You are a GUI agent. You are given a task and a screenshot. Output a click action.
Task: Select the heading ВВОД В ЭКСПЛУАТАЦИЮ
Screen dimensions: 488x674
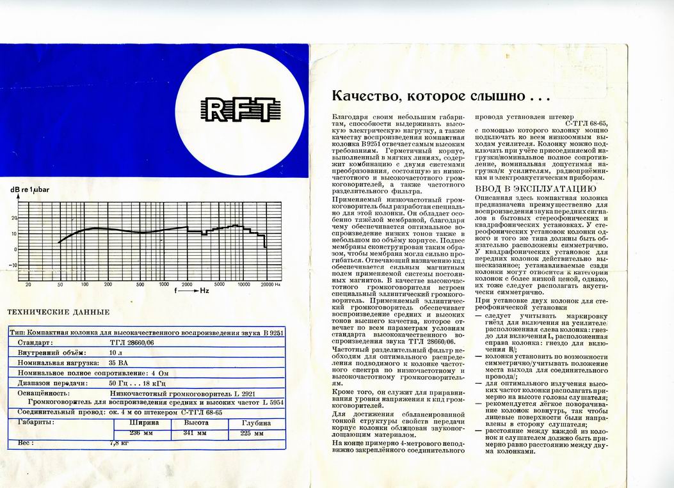pos(536,189)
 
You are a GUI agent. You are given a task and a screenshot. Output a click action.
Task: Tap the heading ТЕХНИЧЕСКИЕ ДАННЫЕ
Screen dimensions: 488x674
pos(58,312)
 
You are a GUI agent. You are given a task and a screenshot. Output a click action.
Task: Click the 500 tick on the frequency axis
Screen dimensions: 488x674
pos(140,284)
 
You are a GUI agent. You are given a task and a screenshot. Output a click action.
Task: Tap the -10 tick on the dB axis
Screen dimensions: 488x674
pos(13,265)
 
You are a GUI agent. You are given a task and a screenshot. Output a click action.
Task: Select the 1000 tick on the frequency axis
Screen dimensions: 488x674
pos(164,284)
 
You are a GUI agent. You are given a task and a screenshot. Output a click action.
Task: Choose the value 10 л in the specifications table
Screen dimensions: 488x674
pos(115,352)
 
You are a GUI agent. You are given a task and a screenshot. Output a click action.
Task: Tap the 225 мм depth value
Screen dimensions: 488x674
pos(252,433)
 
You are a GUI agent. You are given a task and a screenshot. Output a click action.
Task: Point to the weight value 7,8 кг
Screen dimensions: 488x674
pos(120,442)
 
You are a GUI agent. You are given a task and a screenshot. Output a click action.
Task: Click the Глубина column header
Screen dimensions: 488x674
pos(255,423)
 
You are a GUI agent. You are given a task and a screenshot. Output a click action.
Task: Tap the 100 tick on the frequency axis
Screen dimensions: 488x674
pos(84,284)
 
